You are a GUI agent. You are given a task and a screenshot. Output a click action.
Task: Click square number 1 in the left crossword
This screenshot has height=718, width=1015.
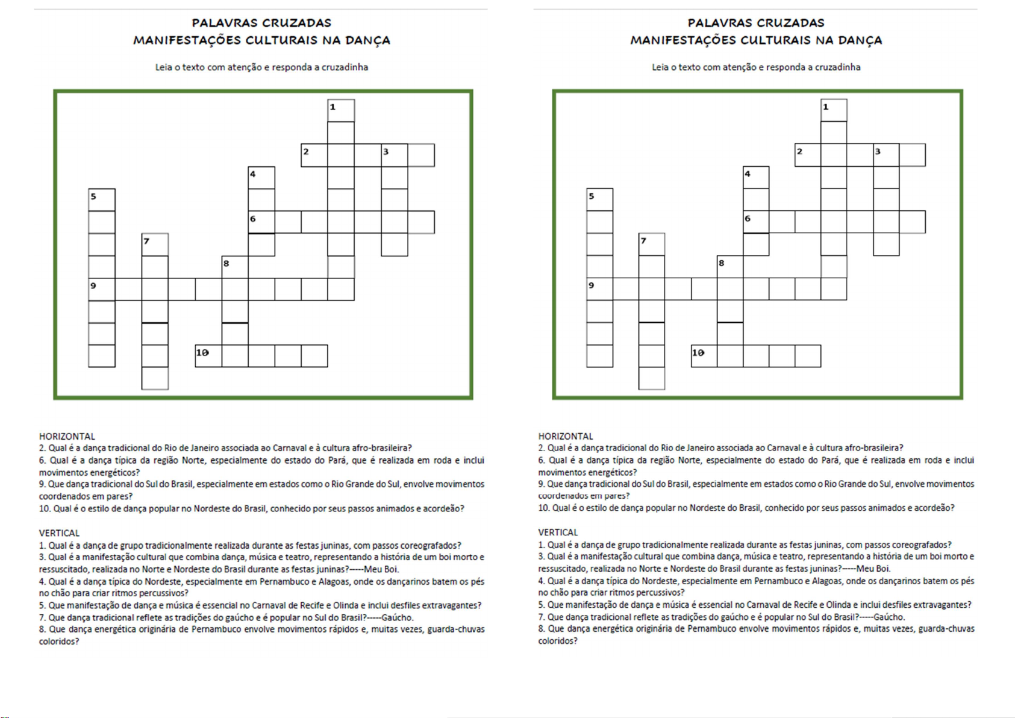tap(341, 111)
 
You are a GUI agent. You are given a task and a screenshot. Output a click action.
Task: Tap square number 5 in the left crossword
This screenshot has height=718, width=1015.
tap(102, 199)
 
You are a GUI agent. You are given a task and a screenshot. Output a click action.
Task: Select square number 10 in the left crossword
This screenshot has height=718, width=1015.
tap(208, 356)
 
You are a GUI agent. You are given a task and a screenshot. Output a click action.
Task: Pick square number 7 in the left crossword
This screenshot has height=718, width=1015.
tap(155, 245)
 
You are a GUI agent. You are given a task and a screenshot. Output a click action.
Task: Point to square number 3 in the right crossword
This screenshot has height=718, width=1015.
tap(886, 155)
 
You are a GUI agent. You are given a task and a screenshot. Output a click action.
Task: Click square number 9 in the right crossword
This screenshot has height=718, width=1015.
tap(599, 289)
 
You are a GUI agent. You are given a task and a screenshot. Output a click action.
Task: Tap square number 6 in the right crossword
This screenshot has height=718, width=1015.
tap(755, 222)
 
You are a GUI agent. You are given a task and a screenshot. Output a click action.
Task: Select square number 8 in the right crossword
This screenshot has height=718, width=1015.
tap(729, 266)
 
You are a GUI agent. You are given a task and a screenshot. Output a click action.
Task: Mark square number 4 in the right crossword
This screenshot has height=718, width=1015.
tap(755, 178)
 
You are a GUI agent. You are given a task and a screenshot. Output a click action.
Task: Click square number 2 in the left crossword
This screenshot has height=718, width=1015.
tap(314, 155)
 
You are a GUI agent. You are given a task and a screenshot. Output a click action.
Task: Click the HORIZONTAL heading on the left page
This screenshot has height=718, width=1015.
tap(67, 436)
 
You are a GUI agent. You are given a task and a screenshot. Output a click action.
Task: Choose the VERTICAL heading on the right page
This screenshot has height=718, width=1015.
tap(558, 532)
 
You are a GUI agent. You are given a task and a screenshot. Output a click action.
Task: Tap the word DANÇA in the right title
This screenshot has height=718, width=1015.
tap(858, 40)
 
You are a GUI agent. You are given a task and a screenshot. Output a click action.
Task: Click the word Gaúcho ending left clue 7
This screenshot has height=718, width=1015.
tap(398, 617)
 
